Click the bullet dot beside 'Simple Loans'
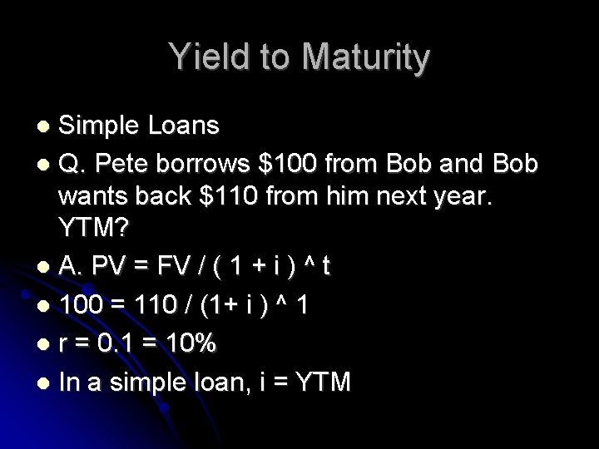pos(45,127)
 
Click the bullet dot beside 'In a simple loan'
pos(45,382)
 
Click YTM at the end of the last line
pos(319,382)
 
